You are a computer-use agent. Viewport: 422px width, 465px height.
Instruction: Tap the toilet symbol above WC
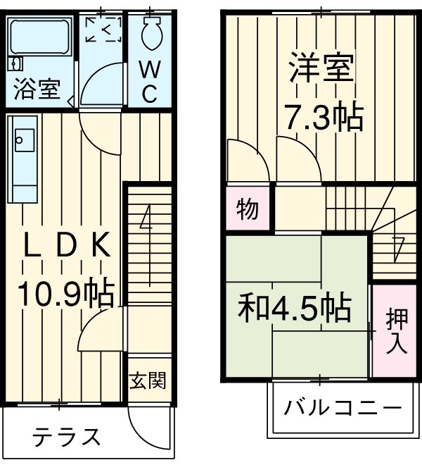151,32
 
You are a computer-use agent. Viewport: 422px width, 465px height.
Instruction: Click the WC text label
149,82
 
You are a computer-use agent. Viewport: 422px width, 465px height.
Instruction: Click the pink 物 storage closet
248,209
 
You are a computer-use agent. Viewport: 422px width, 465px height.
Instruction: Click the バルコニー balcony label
343,409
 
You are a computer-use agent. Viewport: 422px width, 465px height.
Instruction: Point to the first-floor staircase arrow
146,218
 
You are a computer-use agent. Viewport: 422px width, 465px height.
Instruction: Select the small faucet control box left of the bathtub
11,64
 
